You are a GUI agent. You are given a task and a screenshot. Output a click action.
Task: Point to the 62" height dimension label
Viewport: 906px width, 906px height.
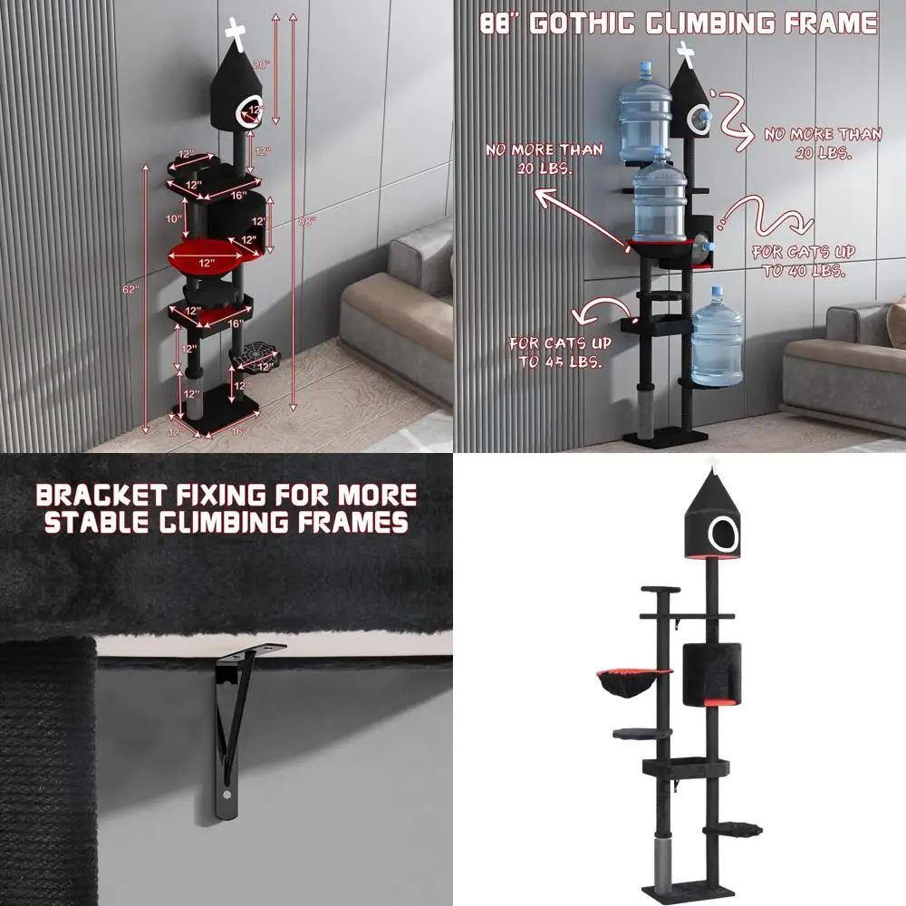132,290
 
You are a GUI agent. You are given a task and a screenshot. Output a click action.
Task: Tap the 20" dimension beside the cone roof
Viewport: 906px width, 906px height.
261,64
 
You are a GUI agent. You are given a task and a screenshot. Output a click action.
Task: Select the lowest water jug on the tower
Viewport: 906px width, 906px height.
717,336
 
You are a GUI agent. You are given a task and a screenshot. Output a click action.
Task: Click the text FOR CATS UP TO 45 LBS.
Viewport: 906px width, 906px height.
560,352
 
